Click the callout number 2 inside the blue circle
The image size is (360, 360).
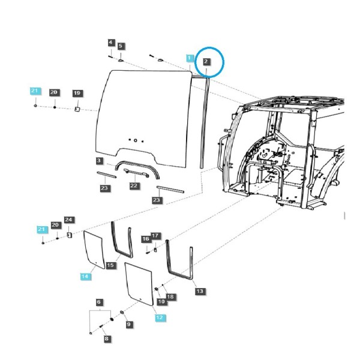(206, 61)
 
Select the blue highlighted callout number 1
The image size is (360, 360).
(190, 58)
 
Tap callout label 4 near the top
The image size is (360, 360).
(111, 43)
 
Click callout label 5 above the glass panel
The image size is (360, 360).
(121, 46)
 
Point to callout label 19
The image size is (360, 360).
(77, 93)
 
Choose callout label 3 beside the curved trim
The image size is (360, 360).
(99, 160)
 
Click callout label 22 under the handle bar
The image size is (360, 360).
(134, 185)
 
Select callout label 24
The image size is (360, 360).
(68, 220)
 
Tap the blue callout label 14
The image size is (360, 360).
(85, 276)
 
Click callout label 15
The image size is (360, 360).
(110, 265)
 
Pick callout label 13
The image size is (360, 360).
(200, 291)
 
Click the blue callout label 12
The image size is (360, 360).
(160, 317)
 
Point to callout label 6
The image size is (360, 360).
(99, 302)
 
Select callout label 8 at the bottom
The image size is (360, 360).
(107, 338)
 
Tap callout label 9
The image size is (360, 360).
(129, 324)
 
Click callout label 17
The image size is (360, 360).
(155, 236)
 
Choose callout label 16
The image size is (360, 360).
(146, 239)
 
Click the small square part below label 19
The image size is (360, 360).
(77, 109)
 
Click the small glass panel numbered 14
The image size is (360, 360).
(94, 249)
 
